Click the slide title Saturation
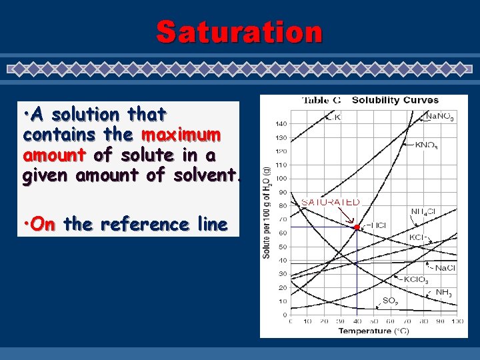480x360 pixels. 239,31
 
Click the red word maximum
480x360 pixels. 180,135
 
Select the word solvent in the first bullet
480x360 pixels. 207,176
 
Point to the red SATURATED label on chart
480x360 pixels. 331,202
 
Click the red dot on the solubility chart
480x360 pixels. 357,227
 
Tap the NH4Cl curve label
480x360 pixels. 423,213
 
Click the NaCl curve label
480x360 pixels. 443,267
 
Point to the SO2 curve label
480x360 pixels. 390,301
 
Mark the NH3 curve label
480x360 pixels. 444,292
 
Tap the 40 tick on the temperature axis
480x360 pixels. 357,321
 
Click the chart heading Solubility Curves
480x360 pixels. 395,101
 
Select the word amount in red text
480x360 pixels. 53,155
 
